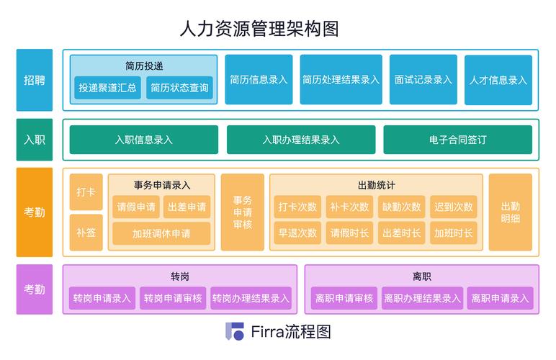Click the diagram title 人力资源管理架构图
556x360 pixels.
point(259,29)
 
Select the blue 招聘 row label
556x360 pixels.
point(35,80)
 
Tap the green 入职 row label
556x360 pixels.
point(35,140)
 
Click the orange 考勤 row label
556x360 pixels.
point(35,212)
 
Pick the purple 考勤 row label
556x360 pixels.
point(35,289)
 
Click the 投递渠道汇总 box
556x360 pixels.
point(108,89)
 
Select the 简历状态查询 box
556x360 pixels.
point(180,89)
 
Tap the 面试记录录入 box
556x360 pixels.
point(423,80)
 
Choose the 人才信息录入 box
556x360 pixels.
point(498,80)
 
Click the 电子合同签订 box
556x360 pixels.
point(457,140)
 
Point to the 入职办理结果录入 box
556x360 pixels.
point(301,140)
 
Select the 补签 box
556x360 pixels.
point(86,233)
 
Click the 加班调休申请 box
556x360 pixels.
point(161,233)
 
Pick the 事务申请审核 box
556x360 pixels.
point(243,212)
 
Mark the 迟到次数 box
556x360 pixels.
point(454,207)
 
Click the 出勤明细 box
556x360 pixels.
point(510,212)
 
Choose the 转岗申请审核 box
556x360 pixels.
point(173,298)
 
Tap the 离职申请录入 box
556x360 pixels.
point(500,298)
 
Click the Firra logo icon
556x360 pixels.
point(235,332)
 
